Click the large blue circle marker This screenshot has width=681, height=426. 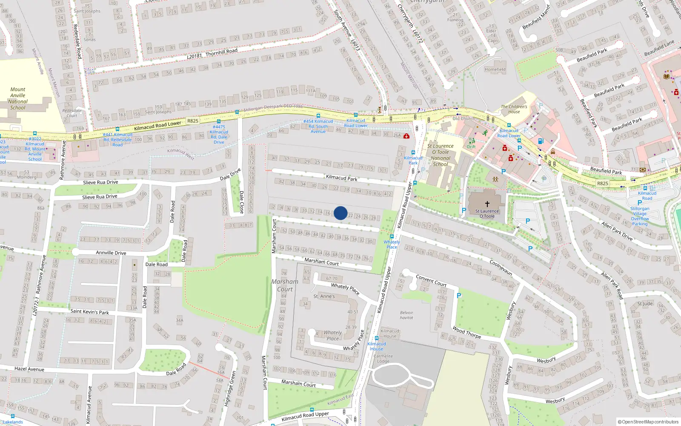340,213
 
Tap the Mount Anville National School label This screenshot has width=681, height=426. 18,98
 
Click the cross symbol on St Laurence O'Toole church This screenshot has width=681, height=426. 487,204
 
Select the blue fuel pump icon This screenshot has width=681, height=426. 541,141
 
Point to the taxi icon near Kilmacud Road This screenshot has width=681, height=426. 552,151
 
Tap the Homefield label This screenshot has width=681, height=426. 495,69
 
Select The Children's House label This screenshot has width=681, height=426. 514,109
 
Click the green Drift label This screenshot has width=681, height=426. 471,147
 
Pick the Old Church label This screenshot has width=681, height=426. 464,118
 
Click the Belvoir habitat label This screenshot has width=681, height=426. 406,315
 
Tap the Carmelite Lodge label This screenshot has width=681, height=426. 383,358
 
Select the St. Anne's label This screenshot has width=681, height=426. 324,296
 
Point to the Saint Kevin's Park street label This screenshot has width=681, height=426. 89,311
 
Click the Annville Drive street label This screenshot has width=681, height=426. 111,253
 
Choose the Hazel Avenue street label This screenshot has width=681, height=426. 29,369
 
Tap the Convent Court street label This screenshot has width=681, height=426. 431,280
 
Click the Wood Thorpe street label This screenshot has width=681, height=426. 466,332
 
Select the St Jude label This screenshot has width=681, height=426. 645,303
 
